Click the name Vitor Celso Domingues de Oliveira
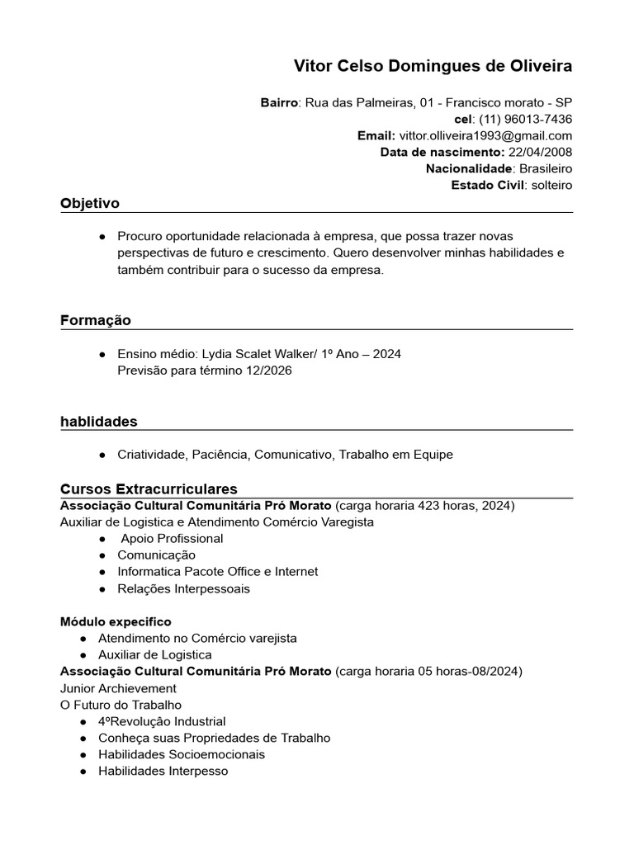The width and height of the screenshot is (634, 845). click(433, 66)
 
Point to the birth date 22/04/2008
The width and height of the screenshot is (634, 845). click(540, 152)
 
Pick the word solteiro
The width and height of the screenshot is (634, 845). click(551, 185)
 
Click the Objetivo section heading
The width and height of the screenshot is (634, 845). click(90, 203)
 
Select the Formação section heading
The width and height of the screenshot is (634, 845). click(96, 320)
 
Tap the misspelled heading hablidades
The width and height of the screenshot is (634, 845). click(99, 422)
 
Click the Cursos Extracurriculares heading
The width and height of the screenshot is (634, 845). click(149, 489)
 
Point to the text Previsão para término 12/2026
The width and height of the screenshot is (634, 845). click(205, 371)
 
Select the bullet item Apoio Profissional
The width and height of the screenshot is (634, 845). click(172, 538)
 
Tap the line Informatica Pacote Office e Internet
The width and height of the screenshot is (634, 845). click(217, 571)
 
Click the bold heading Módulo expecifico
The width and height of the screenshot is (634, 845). click(116, 621)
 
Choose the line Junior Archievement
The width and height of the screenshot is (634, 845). click(118, 688)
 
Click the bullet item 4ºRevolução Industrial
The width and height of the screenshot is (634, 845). click(162, 721)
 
